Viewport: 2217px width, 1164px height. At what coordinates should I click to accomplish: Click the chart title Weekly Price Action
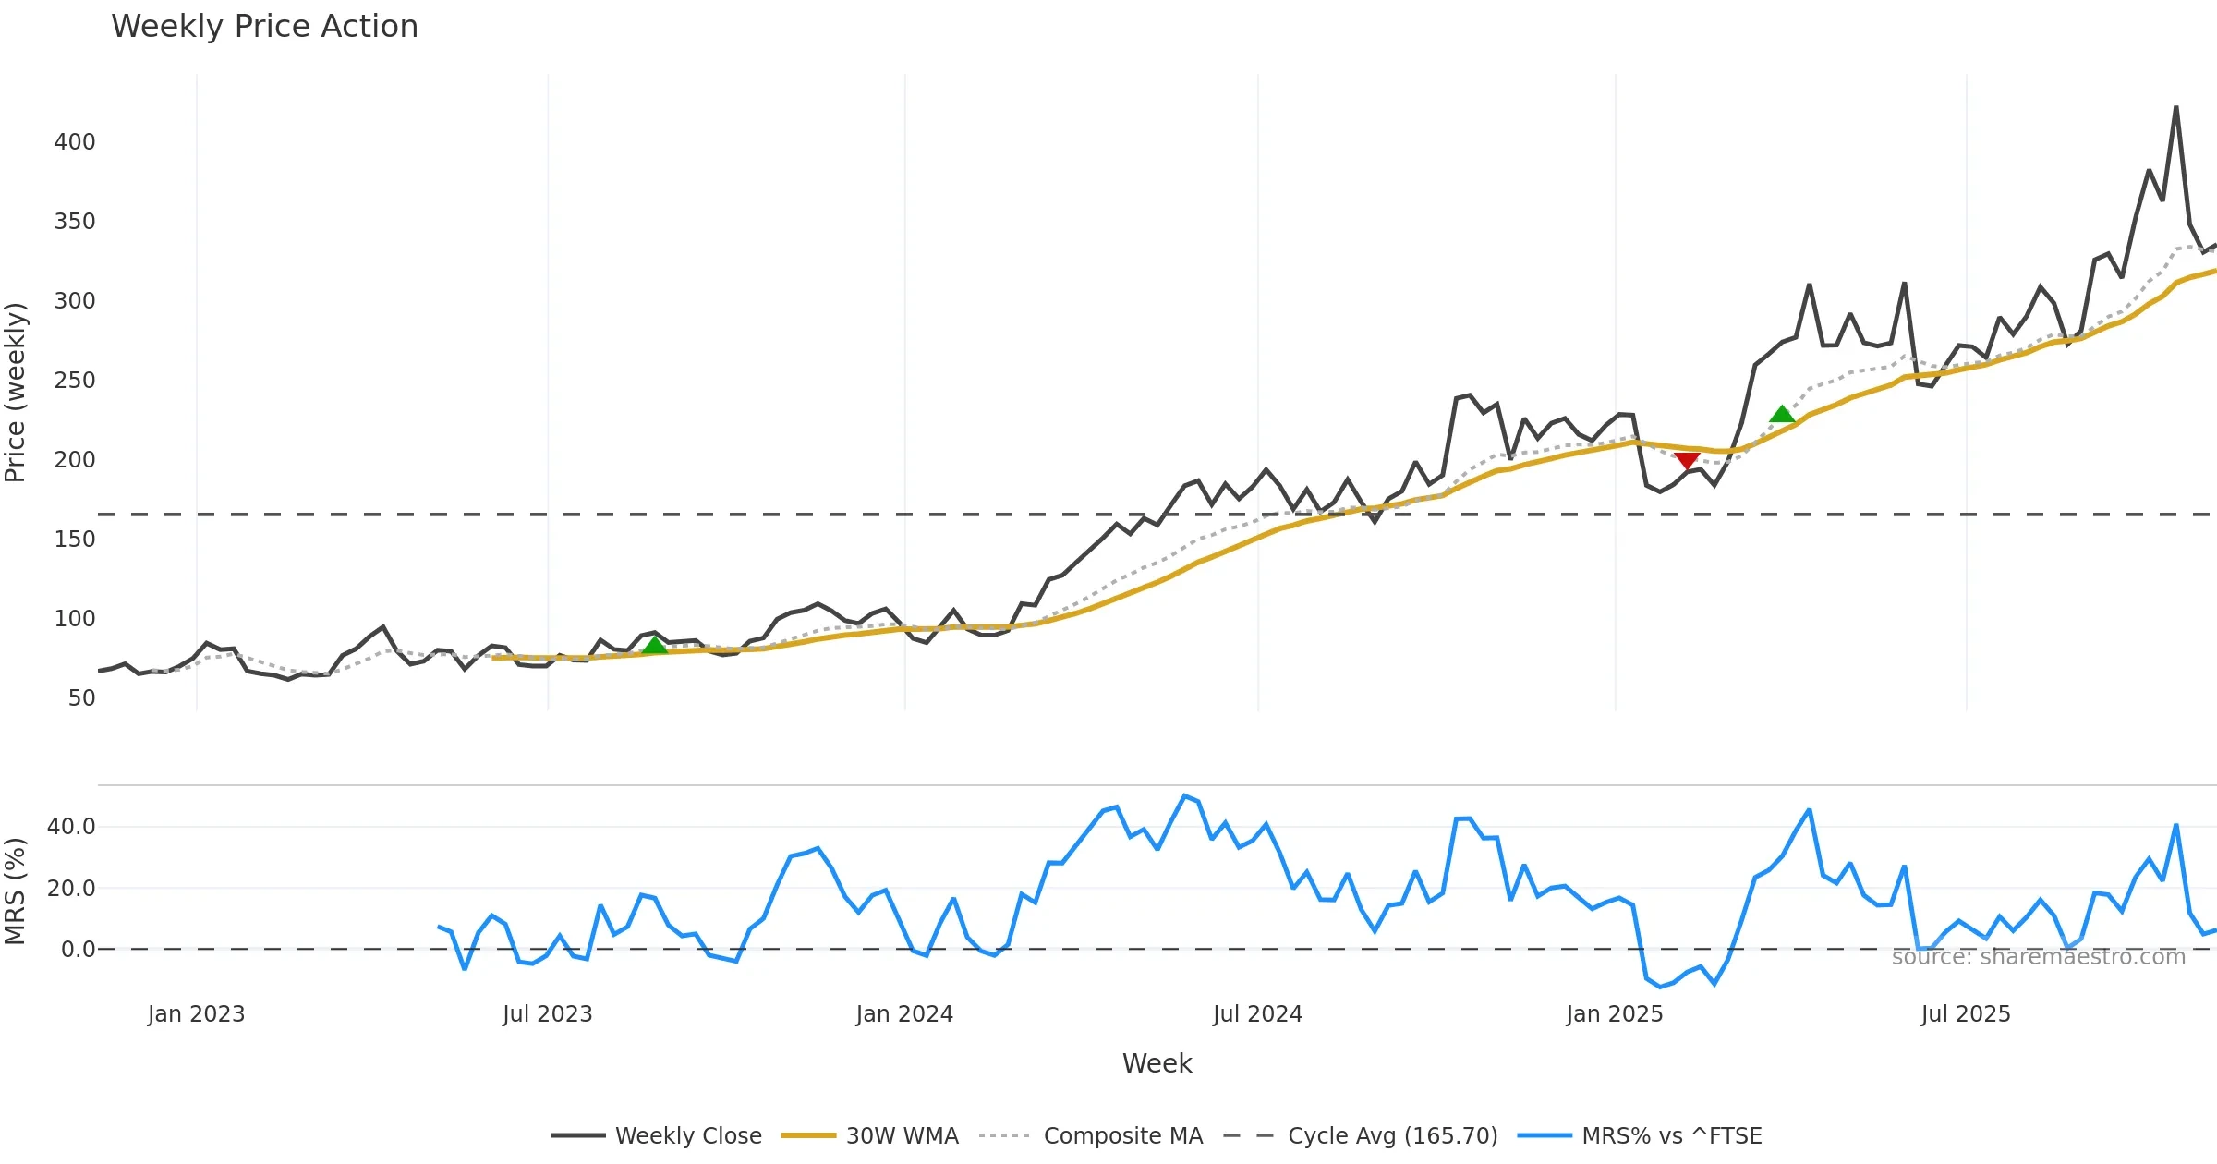(x=264, y=27)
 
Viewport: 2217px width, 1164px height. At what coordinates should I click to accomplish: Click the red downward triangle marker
(x=1687, y=461)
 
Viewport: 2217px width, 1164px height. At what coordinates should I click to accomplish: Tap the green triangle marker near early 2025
(x=1782, y=414)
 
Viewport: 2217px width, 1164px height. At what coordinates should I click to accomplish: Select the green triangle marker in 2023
(x=654, y=645)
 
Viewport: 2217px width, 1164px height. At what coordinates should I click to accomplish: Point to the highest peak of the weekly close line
(x=2175, y=107)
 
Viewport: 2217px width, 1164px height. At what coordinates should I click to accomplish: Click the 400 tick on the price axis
(x=75, y=142)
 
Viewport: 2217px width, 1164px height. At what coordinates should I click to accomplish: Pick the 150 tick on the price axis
(x=75, y=540)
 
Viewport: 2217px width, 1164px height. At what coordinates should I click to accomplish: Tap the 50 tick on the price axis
(x=81, y=698)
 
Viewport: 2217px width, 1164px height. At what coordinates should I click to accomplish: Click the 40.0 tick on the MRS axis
(x=71, y=827)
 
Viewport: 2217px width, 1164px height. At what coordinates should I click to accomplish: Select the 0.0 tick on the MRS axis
(x=78, y=950)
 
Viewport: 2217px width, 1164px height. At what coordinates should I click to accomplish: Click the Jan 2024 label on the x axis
(x=904, y=1014)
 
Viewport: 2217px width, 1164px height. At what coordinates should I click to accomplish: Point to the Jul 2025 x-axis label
(x=1966, y=1014)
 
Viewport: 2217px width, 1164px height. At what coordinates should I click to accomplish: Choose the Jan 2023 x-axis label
(x=196, y=1014)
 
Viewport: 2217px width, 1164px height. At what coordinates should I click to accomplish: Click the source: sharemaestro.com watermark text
(x=2038, y=957)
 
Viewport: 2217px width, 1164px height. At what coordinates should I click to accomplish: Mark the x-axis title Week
(x=1157, y=1063)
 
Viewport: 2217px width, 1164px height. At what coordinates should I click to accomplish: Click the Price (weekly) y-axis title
(x=16, y=393)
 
